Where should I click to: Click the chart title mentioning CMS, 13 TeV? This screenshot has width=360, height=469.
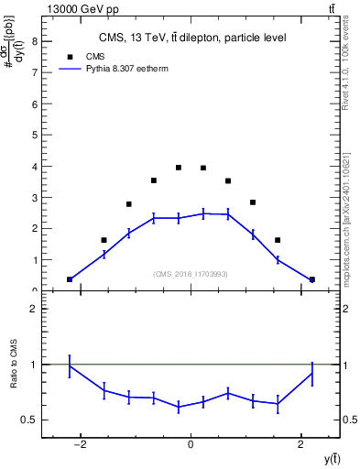coord(191,38)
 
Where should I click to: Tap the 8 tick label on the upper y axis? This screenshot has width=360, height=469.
coord(34,41)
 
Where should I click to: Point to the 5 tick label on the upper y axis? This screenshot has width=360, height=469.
coord(34,135)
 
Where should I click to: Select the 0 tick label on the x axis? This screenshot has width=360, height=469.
coord(191,445)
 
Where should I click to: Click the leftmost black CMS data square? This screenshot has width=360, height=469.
coord(70,279)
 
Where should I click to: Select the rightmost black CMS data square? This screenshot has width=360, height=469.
coord(311,279)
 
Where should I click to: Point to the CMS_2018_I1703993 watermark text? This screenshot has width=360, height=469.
coord(191,274)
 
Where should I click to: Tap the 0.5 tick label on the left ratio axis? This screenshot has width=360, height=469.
coord(29,420)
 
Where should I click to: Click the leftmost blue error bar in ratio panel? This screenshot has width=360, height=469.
coord(70,365)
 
